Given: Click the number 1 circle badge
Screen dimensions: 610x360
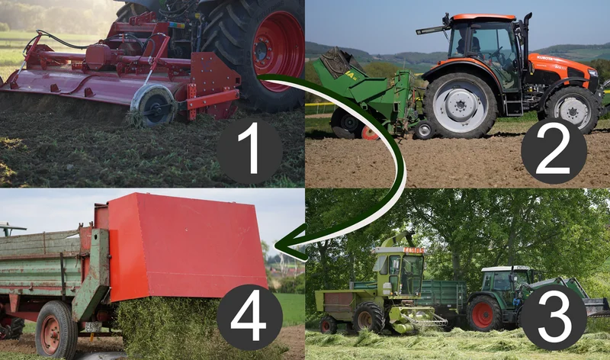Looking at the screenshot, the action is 249,151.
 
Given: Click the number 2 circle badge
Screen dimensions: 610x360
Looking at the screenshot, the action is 554,151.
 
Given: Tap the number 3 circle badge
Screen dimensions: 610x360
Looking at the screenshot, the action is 554,317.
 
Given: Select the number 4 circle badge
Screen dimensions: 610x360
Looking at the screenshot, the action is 249,317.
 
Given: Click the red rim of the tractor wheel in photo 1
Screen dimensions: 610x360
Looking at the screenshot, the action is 278,50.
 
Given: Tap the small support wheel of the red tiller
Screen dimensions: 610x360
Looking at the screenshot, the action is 153,106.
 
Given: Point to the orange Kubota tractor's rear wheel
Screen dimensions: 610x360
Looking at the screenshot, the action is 460,105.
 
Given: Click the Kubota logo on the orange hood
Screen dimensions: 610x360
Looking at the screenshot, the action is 544,59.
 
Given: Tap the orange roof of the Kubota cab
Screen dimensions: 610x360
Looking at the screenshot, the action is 483,18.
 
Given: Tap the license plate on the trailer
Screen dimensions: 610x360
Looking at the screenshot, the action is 93,327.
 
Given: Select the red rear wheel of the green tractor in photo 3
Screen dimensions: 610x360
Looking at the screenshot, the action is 483,313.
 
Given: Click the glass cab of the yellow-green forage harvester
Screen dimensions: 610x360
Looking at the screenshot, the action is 401,268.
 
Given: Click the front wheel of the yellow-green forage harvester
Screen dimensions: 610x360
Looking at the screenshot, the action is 368,317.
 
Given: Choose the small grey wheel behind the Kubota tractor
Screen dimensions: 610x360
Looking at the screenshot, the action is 424,130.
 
